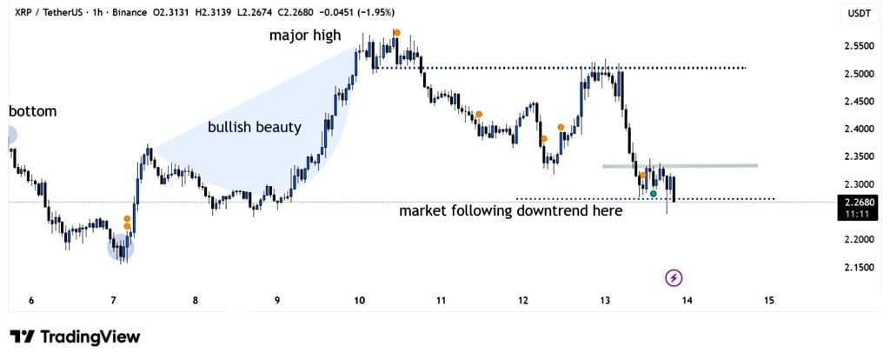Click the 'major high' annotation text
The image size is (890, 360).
(x=304, y=36)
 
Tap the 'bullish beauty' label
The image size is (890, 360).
(x=254, y=127)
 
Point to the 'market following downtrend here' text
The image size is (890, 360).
(x=510, y=210)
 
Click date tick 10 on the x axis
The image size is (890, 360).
(x=359, y=301)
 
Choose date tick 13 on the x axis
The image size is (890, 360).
(x=605, y=301)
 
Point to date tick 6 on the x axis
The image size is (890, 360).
(x=31, y=301)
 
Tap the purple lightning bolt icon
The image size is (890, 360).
(x=674, y=277)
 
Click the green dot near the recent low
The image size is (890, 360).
(x=654, y=192)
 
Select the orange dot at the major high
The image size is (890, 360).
(x=396, y=33)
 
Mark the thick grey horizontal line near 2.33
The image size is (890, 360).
(x=680, y=165)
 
